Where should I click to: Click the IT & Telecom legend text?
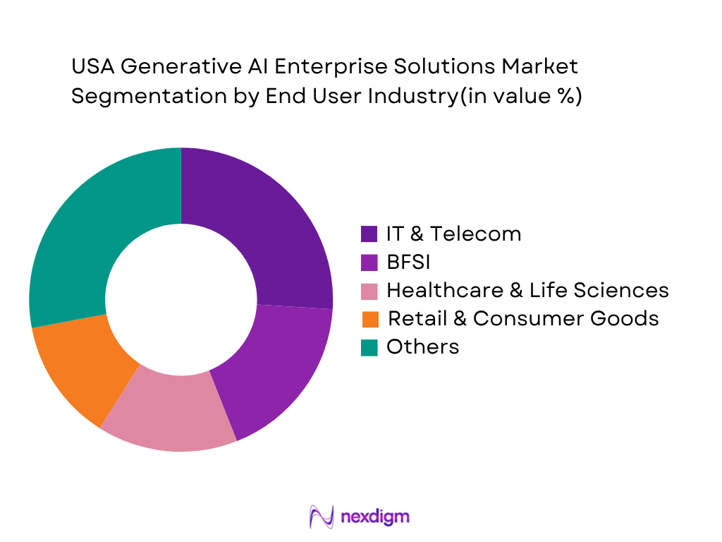click(x=453, y=234)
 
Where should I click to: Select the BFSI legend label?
click(x=408, y=262)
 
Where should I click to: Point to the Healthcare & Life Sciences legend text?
click(x=527, y=290)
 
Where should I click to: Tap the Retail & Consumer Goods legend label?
click(x=523, y=318)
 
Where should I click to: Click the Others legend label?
click(x=422, y=347)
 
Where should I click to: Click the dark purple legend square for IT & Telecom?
click(x=369, y=234)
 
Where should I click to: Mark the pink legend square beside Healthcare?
click(x=369, y=291)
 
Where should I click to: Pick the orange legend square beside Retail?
click(x=369, y=319)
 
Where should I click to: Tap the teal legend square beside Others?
click(x=369, y=347)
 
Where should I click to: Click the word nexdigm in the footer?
click(x=374, y=517)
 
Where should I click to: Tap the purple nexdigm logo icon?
click(x=322, y=517)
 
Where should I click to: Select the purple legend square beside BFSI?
click(x=369, y=263)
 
